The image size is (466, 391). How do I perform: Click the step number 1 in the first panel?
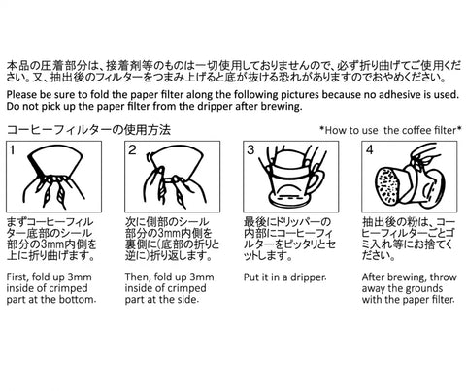[12, 150]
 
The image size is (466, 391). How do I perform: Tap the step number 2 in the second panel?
[132, 150]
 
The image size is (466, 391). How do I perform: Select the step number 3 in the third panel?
[250, 150]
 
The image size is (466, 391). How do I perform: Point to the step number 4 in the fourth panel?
[369, 150]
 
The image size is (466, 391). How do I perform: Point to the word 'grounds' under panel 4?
[425, 288]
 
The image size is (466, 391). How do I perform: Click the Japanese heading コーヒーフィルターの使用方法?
[88, 130]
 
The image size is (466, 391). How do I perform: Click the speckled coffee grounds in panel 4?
[387, 185]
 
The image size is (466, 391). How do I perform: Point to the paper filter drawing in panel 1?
[56, 163]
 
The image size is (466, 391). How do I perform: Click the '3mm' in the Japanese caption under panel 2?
[169, 234]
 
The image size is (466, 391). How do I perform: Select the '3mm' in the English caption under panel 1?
[80, 277]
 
